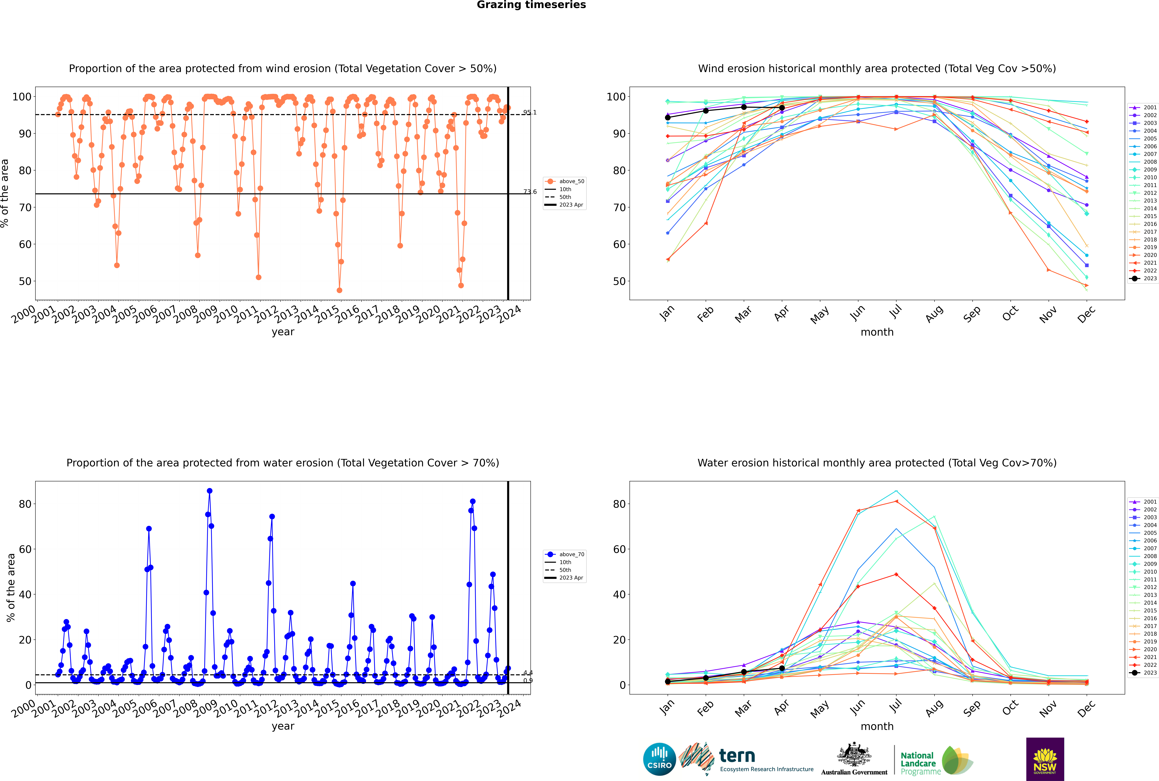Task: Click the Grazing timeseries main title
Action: point(531,5)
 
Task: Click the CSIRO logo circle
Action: point(659,759)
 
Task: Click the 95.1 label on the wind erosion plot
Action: point(530,113)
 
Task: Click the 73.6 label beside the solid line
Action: point(530,192)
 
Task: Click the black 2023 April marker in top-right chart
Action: point(782,108)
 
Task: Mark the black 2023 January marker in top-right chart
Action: point(668,118)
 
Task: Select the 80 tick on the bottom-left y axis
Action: point(25,504)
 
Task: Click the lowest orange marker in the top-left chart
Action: point(339,290)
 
